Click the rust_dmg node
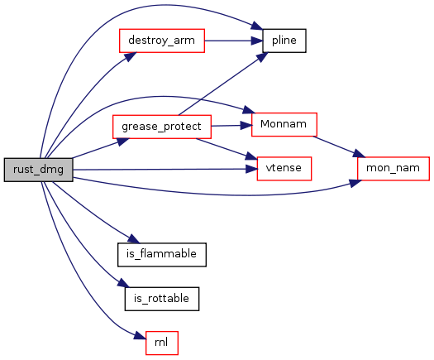click(39, 170)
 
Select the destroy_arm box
click(162, 41)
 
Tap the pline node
click(284, 41)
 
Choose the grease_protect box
click(162, 127)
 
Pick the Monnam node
click(284, 124)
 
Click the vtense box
click(284, 169)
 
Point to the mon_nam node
click(393, 169)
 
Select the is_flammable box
click(162, 255)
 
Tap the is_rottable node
click(162, 299)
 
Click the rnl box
click(162, 343)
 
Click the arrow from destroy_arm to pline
click(234, 41)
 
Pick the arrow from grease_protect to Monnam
click(231, 126)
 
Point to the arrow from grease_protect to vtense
click(227, 149)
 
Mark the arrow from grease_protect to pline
click(223, 84)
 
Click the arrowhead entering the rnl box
click(140, 336)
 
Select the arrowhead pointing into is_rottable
click(123, 283)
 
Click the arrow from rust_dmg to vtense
click(165, 169)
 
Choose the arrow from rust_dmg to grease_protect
click(100, 148)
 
